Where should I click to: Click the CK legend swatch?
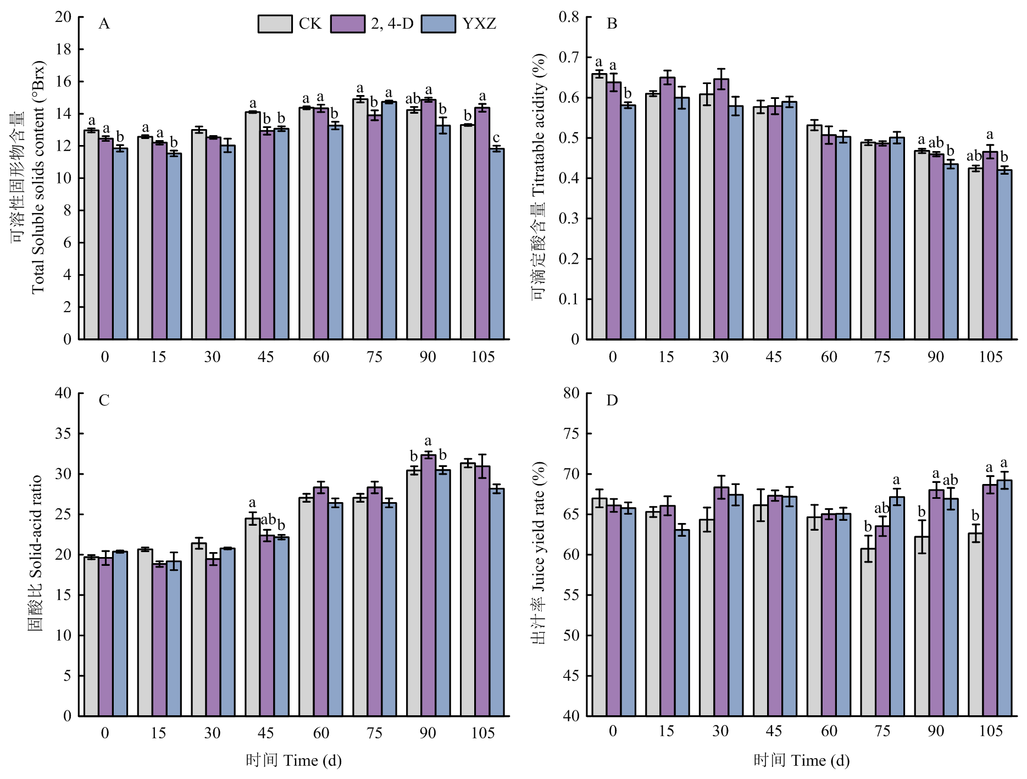[x=275, y=24]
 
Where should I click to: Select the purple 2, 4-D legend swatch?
[x=347, y=24]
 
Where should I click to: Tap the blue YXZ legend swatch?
[x=438, y=24]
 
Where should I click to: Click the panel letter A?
[x=104, y=24]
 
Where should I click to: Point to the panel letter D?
[x=612, y=400]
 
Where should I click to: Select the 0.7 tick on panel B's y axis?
[x=569, y=57]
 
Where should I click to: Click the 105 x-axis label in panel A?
[x=482, y=358]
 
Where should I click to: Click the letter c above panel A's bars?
[x=496, y=138]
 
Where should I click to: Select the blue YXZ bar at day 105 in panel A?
[x=497, y=244]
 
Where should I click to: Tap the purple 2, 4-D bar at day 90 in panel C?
[x=428, y=585]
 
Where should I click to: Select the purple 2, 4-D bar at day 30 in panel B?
[x=721, y=209]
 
